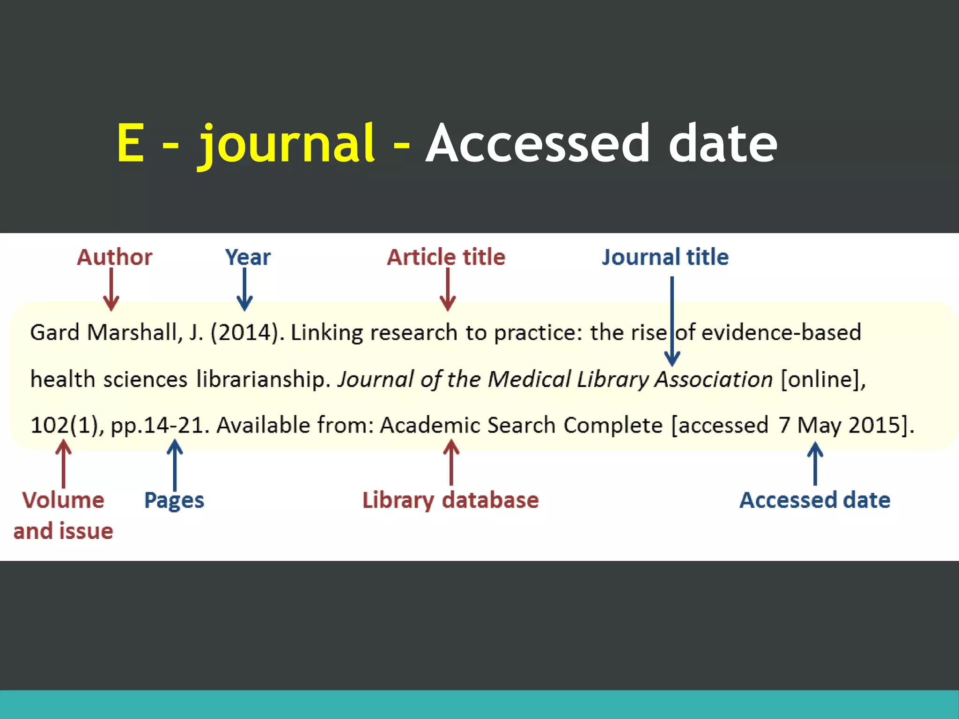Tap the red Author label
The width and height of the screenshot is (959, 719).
[115, 257]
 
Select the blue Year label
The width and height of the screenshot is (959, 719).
[248, 257]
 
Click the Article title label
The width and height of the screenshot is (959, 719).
[446, 257]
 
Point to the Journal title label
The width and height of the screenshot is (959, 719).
[665, 257]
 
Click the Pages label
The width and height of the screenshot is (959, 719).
[174, 500]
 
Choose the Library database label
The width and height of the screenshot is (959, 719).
[450, 500]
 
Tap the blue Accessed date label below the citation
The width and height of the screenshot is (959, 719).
[815, 500]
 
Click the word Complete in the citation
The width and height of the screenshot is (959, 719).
[613, 426]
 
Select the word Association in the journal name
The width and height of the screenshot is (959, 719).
[714, 379]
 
